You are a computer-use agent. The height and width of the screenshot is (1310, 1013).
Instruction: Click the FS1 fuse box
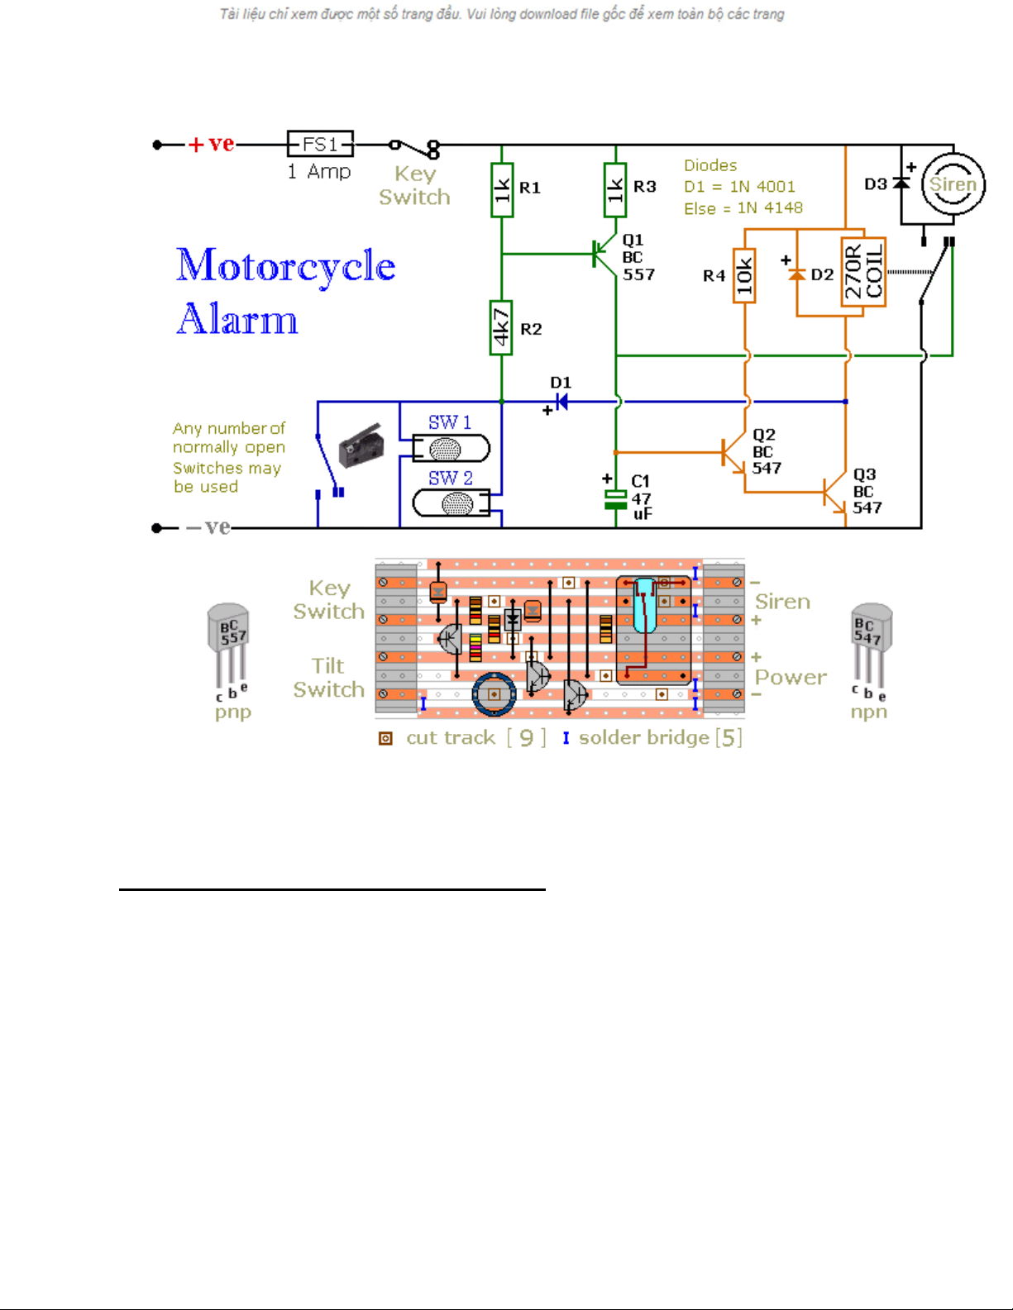[x=320, y=144]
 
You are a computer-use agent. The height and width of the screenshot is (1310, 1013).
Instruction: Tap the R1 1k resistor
[x=502, y=190]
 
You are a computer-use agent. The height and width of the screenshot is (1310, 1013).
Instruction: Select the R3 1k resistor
[x=615, y=189]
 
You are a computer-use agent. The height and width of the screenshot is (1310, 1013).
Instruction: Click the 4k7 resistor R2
[x=501, y=327]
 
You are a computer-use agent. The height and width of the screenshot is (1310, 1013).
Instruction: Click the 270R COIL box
[x=863, y=274]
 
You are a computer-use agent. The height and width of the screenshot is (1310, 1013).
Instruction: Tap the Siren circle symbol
[x=953, y=184]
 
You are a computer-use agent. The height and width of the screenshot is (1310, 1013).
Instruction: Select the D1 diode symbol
[x=561, y=403]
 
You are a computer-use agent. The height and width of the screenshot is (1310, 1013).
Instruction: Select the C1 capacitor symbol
[x=615, y=499]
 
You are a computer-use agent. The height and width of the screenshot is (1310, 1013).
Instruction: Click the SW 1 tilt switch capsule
[x=451, y=449]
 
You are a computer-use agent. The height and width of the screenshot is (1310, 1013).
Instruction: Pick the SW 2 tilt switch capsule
[x=452, y=503]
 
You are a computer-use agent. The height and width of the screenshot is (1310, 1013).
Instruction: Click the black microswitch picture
[x=362, y=447]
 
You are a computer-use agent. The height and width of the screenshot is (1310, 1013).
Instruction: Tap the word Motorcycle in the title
[x=286, y=266]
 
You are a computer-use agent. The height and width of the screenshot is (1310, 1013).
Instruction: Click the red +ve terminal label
[x=212, y=145]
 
